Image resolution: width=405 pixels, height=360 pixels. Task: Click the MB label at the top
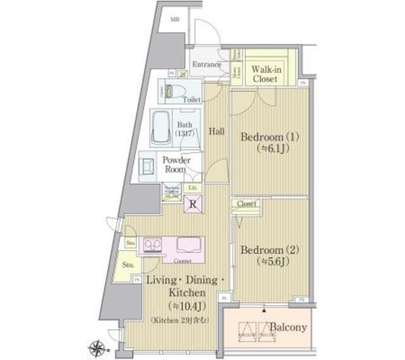[175, 20]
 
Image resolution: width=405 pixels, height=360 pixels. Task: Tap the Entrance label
[206, 64]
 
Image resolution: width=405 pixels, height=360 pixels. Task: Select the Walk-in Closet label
[265, 74]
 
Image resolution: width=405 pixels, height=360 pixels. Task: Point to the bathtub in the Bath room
[162, 127]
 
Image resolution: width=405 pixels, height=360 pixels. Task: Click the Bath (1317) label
[185, 129]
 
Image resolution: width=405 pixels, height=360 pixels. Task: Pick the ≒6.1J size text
[265, 149]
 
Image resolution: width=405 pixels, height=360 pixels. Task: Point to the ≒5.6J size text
[265, 261]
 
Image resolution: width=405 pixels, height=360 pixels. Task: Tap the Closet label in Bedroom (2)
[247, 204]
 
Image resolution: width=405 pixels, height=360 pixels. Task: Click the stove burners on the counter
[153, 244]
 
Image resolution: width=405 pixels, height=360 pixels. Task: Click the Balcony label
[289, 328]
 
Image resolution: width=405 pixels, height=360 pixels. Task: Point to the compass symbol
[97, 346]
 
